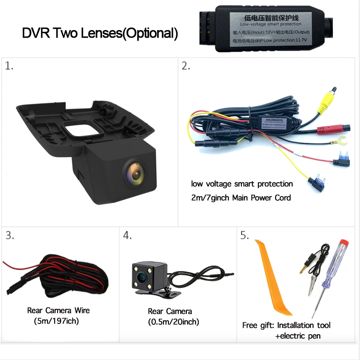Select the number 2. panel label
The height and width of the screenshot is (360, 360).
tap(186, 66)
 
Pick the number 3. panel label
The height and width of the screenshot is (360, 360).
tap(9, 236)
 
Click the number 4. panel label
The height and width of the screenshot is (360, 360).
tap(127, 236)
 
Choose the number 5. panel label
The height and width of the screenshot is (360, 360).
tap(245, 236)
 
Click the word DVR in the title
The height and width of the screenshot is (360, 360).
tap(36, 33)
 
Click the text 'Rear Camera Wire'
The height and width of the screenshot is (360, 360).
tap(58, 310)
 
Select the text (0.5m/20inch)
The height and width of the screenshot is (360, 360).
tap(174, 322)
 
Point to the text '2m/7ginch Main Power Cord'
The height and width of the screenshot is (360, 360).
tap(241, 197)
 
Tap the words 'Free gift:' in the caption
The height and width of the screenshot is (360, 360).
tap(259, 325)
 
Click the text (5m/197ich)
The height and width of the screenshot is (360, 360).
tap(56, 321)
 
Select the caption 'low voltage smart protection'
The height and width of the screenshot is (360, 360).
tap(242, 184)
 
